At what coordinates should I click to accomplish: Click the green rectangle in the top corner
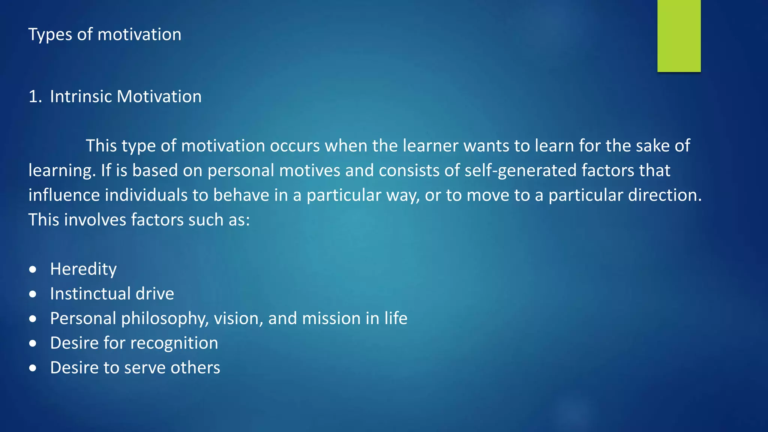coord(679,36)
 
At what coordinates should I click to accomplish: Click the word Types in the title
coord(50,35)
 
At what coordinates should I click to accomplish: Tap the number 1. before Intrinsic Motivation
coord(35,97)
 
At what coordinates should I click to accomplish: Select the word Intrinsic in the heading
coord(81,97)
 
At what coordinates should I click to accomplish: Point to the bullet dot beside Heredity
coord(33,270)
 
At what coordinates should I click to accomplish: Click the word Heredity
coord(83,270)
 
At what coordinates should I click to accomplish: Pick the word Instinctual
coord(90,294)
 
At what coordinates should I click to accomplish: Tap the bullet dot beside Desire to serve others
coord(33,368)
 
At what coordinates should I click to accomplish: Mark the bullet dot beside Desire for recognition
coord(33,343)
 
